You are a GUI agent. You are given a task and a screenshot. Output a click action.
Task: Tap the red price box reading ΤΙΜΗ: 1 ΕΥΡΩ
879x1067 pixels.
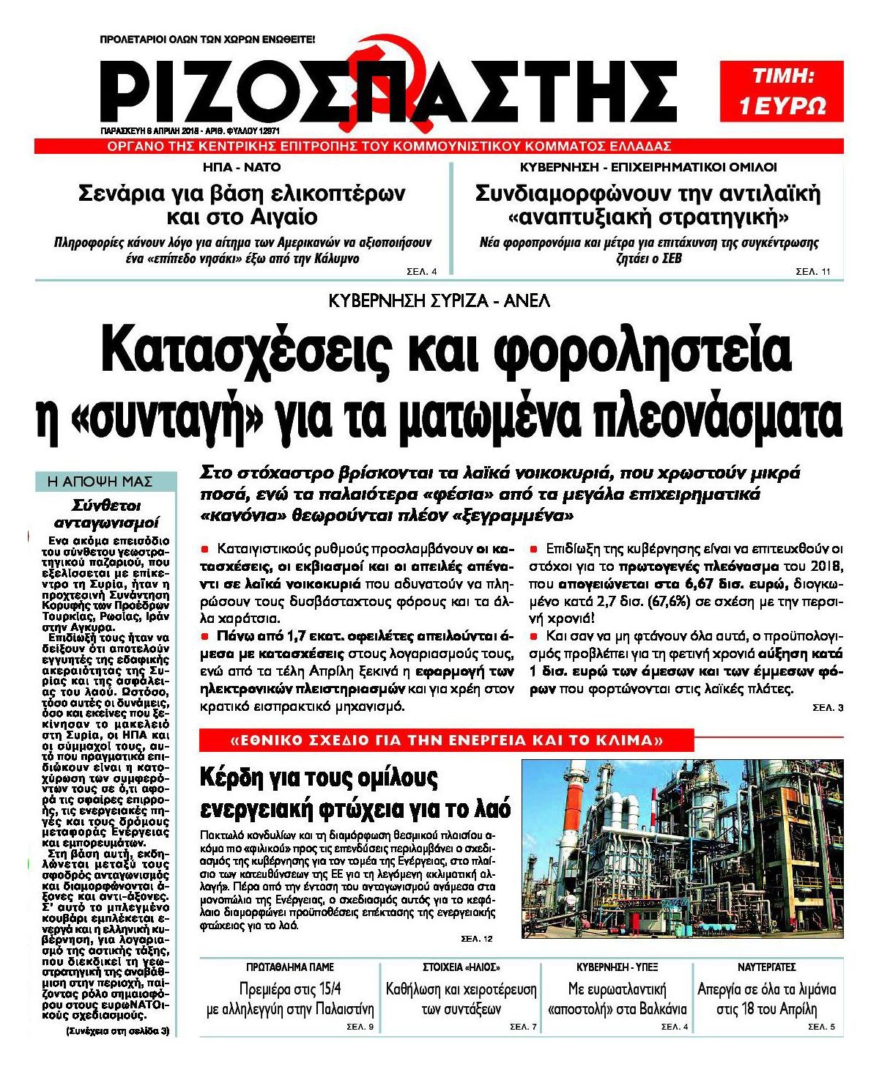pyautogui.click(x=782, y=91)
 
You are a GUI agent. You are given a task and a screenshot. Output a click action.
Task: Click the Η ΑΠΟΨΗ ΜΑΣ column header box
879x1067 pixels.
pyautogui.click(x=105, y=481)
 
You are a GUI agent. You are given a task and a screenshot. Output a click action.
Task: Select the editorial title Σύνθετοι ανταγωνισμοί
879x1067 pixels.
pyautogui.click(x=107, y=514)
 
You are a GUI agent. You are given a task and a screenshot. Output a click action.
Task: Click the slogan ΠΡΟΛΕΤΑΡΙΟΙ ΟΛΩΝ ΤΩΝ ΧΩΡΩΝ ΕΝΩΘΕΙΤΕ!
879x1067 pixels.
pyautogui.click(x=207, y=38)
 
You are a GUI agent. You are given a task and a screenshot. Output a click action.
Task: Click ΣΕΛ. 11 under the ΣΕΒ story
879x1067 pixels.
pyautogui.click(x=813, y=272)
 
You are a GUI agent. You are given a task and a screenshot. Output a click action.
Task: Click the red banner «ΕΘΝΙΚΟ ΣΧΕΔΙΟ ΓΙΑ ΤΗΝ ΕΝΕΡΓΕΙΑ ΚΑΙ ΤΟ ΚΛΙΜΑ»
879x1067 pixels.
pyautogui.click(x=446, y=740)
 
